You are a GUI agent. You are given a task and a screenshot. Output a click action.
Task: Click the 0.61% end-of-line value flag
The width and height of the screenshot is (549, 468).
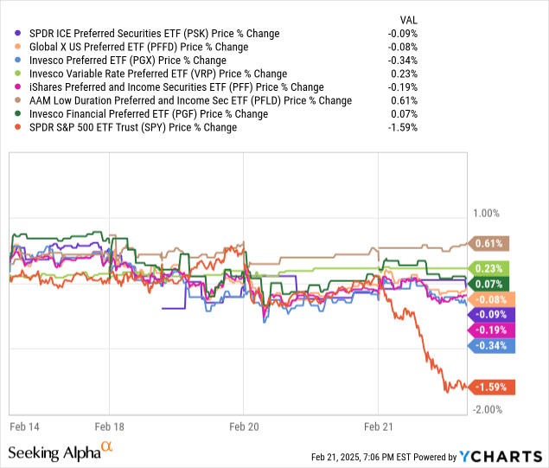click(x=488, y=243)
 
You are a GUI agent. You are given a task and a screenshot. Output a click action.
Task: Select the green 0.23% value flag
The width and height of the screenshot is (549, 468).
click(x=488, y=268)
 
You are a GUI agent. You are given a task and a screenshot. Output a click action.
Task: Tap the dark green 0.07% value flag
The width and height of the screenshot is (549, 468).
click(x=488, y=283)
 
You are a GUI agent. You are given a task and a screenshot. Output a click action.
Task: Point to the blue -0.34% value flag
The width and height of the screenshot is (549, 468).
click(x=492, y=345)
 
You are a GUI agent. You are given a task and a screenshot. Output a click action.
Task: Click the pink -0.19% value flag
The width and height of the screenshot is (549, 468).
click(x=492, y=330)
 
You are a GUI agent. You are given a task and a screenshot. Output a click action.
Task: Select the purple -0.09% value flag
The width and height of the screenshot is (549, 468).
click(x=492, y=314)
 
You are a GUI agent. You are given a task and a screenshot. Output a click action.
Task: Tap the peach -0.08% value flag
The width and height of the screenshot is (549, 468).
click(x=492, y=298)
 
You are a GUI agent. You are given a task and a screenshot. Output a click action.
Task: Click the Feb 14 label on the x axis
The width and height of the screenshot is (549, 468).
click(x=25, y=426)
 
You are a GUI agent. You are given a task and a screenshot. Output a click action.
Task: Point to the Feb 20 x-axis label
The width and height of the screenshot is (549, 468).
click(x=243, y=426)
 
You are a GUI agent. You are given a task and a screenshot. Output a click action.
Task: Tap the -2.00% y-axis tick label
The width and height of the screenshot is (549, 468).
click(x=487, y=409)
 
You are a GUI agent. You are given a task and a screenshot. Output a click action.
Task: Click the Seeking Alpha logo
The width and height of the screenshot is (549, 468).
click(x=61, y=452)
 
